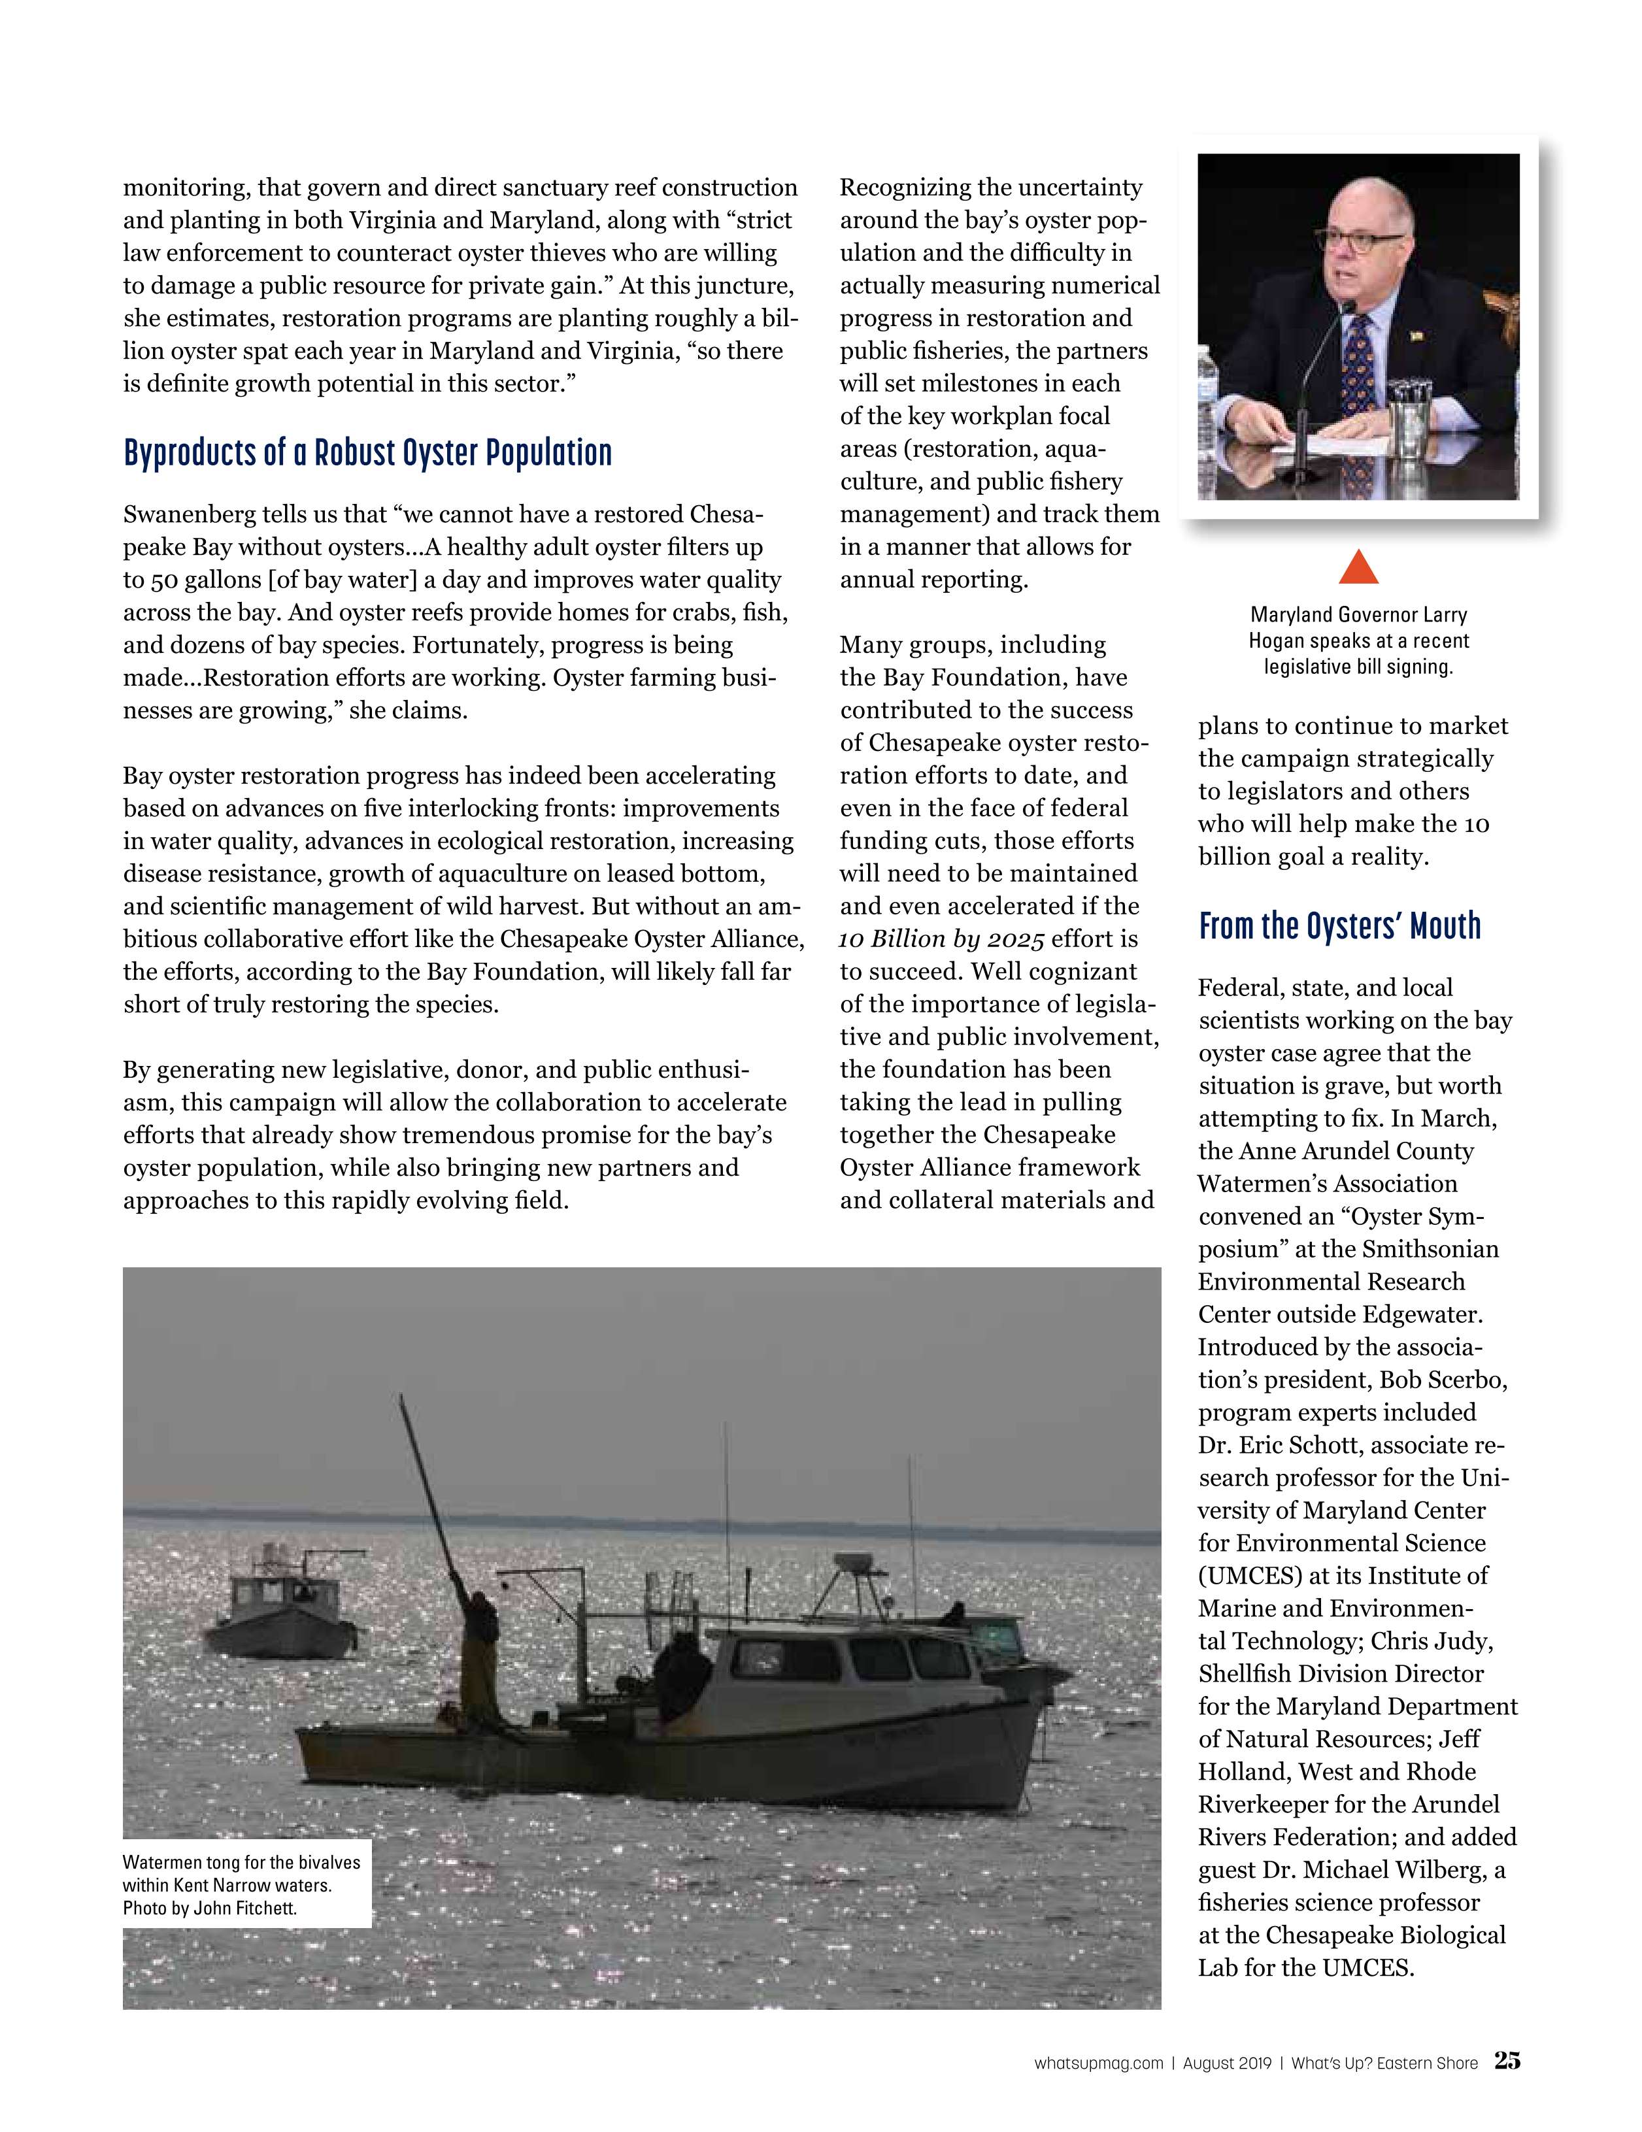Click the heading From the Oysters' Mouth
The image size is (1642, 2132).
1339,925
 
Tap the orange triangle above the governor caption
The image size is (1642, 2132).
1358,568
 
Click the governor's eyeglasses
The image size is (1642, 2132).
1360,240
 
